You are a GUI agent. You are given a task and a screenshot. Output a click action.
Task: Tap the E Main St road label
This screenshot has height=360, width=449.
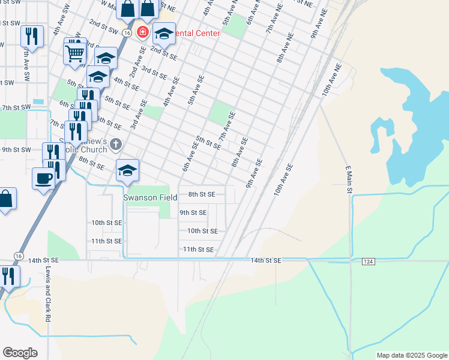348,178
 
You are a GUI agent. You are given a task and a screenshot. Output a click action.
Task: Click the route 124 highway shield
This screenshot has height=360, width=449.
369,261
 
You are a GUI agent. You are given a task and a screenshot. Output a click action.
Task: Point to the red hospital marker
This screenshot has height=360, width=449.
143,32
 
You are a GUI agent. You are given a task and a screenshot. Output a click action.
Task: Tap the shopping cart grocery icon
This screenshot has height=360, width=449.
75,53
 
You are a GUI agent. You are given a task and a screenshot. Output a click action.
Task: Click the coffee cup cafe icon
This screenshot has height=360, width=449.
44,178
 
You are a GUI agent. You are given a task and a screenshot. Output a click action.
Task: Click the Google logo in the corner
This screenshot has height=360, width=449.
20,352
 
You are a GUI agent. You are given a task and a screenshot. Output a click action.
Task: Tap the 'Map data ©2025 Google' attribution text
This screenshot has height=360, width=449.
411,355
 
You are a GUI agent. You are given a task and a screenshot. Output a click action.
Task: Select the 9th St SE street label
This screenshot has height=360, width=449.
193,212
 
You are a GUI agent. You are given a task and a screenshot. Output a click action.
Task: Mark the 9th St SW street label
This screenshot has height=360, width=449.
16,149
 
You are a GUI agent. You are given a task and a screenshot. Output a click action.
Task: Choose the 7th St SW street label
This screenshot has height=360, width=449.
16,107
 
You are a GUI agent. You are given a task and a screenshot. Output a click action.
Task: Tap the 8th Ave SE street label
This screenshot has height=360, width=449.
240,152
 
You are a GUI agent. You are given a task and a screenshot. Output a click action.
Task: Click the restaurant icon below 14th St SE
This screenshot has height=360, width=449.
8,276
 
